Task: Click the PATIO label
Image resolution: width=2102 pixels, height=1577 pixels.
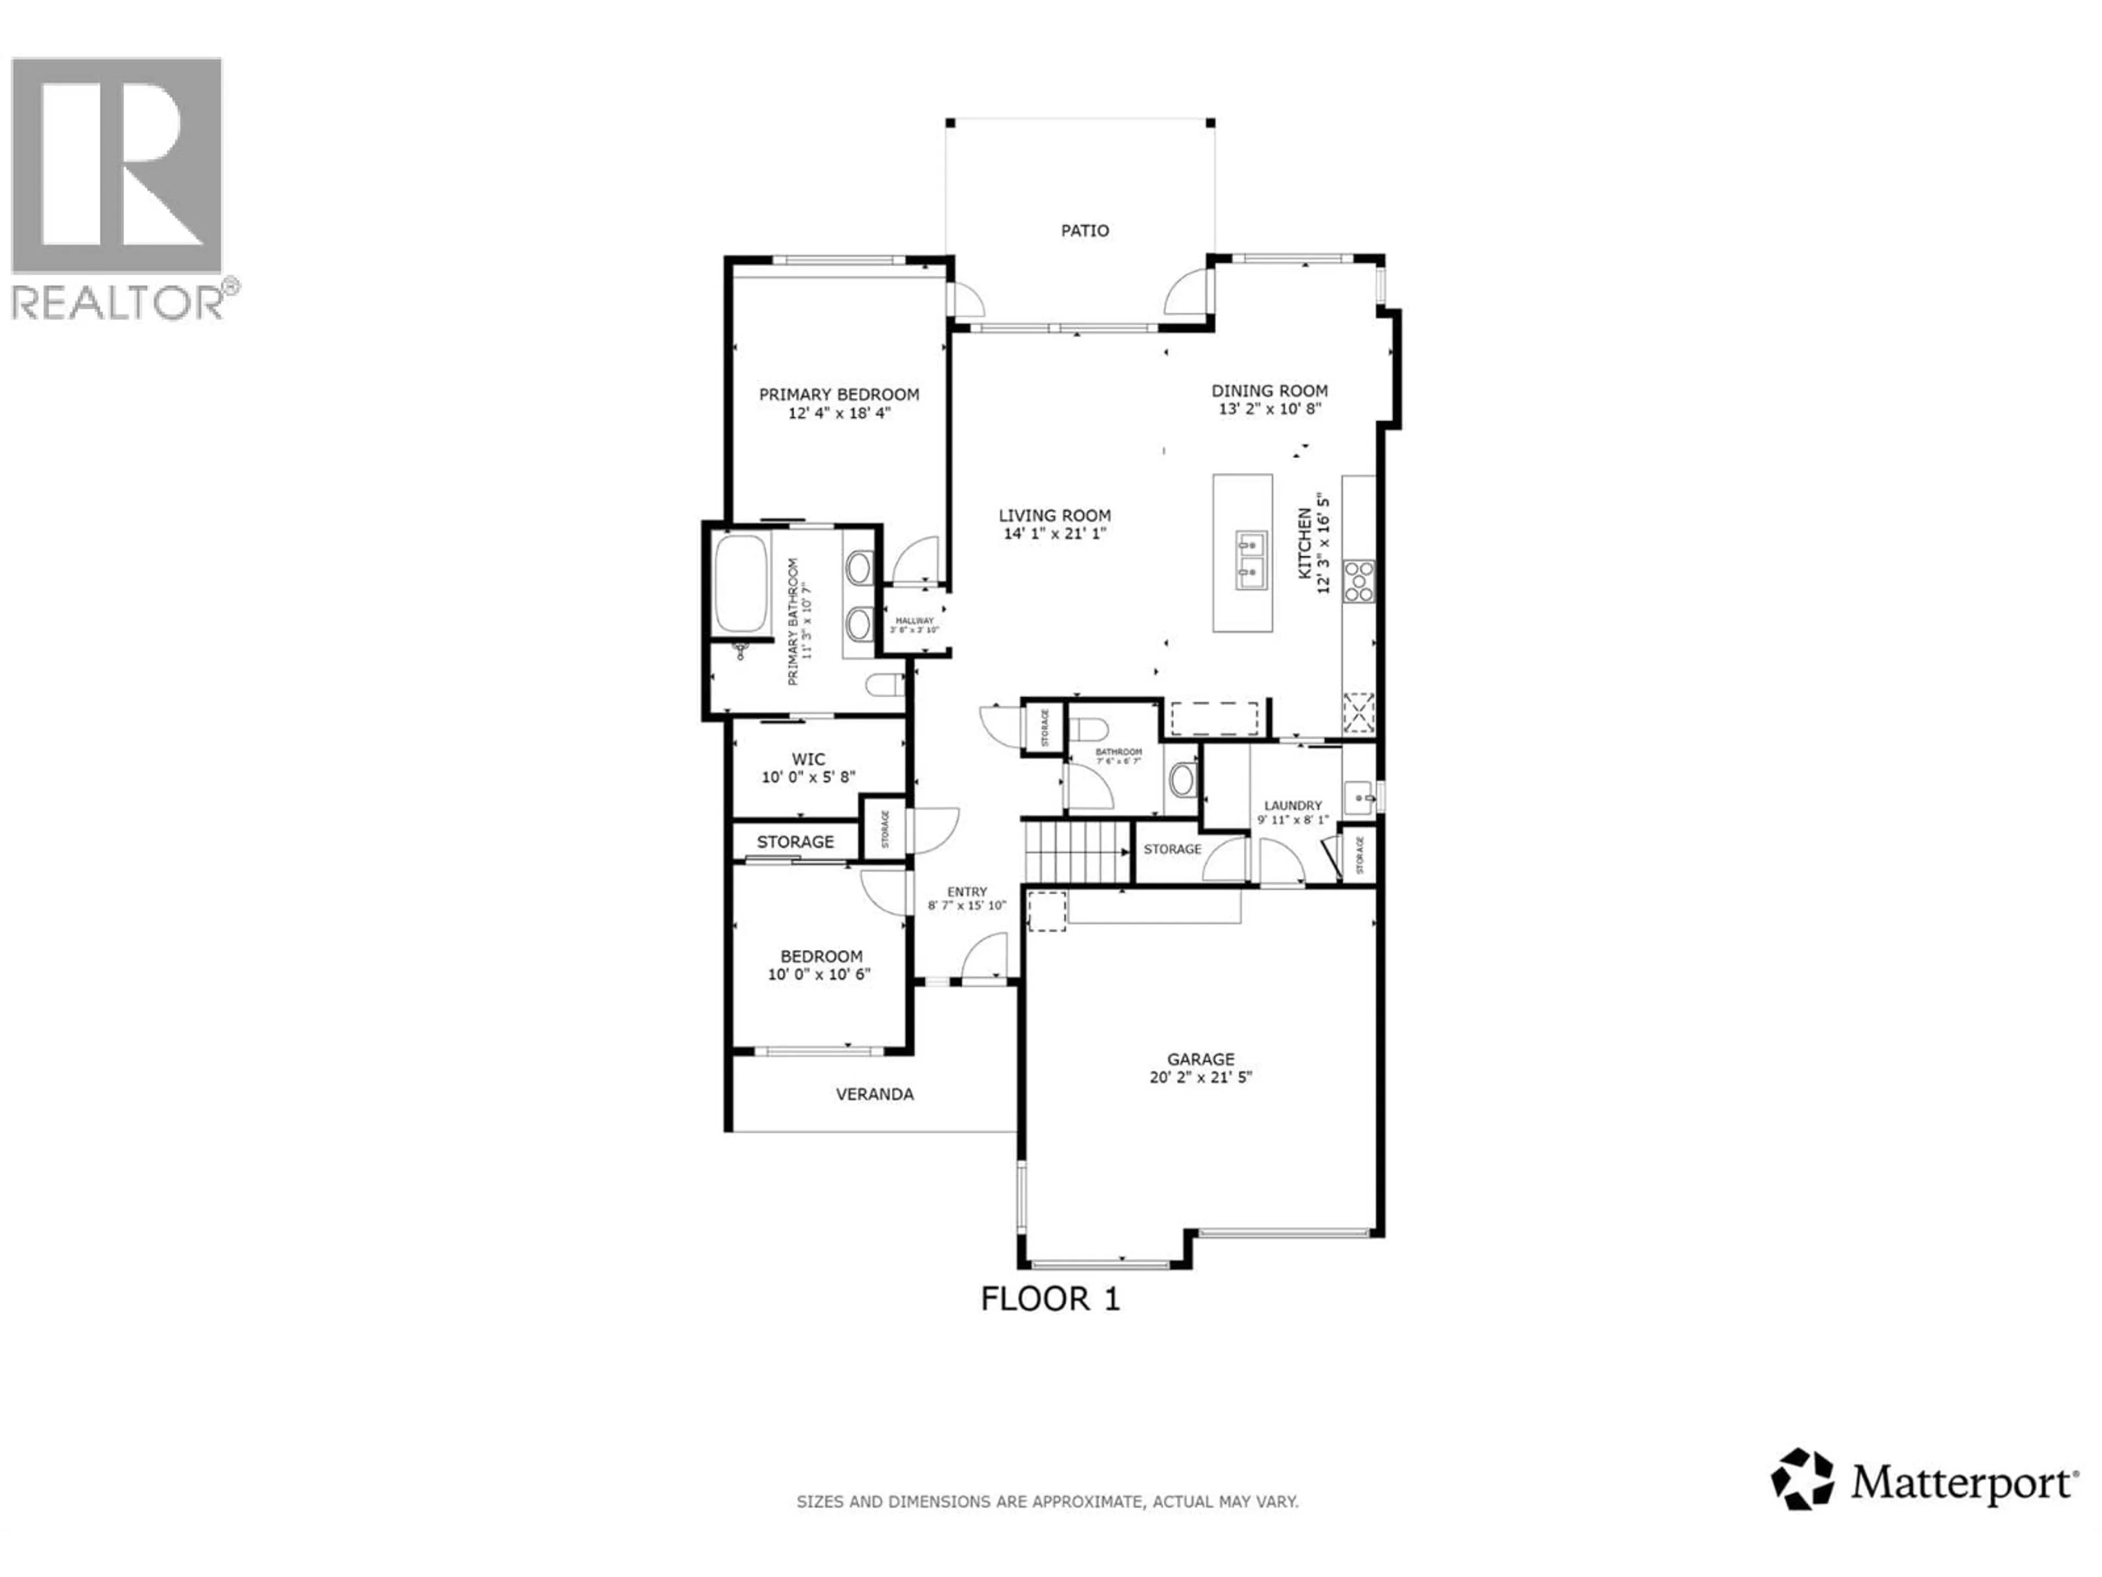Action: [x=1084, y=230]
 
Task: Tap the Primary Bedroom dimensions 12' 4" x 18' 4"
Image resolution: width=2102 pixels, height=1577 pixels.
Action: [x=839, y=413]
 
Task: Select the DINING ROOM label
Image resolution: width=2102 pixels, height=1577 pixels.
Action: [x=1269, y=390]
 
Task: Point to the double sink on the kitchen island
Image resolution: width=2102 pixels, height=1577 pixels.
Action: [x=1251, y=561]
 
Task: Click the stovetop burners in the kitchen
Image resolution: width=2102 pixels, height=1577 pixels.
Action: [x=1358, y=581]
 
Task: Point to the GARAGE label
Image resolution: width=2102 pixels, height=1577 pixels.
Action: [x=1200, y=1059]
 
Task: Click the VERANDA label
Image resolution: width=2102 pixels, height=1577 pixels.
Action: [x=874, y=1094]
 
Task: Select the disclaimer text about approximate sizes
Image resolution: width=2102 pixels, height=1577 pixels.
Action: [x=1047, y=1502]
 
